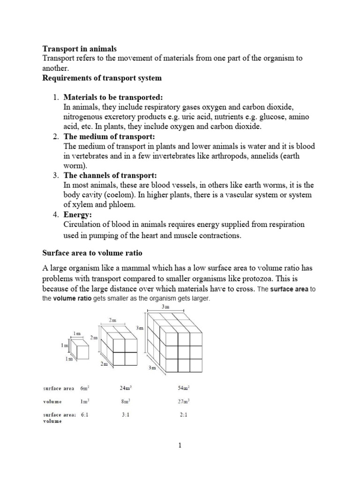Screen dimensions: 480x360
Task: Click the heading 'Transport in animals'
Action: pos(79,49)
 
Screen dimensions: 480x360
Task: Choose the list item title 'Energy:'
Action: pos(78,215)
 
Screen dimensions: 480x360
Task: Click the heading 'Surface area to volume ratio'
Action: pos(92,253)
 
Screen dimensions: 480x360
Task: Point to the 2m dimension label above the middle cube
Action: pos(113,320)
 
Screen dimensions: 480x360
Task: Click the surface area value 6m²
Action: pos(85,388)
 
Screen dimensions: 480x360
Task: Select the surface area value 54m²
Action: pos(183,388)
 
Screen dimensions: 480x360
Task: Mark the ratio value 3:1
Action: pos(125,415)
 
